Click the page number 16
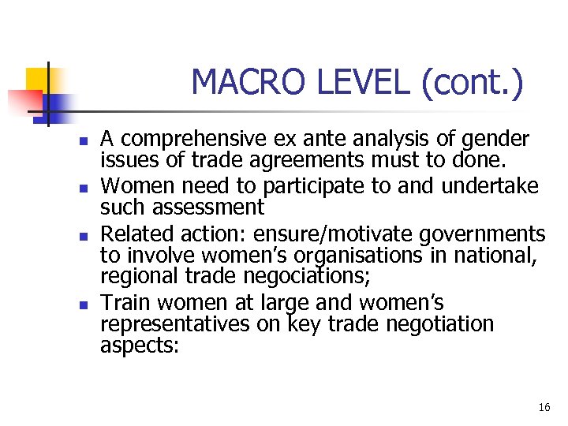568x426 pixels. pos(544,408)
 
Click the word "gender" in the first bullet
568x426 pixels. pos(495,140)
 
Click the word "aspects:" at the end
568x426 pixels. pos(140,345)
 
